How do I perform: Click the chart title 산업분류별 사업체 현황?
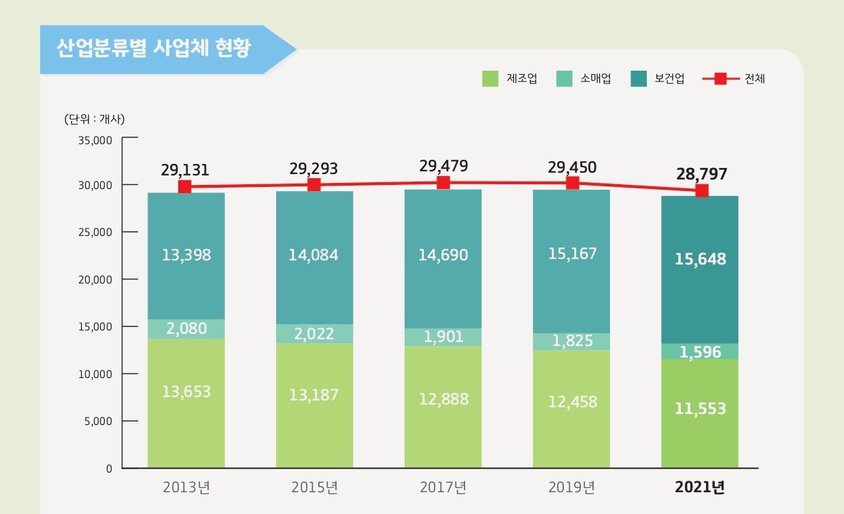[154, 49]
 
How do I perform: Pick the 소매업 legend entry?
[584, 79]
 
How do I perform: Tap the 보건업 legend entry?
[658, 79]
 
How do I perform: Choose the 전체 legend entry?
[735, 79]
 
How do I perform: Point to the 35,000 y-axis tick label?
[95, 141]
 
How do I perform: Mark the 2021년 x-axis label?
[700, 487]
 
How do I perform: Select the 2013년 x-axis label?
[186, 487]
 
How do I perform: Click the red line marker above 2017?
[443, 182]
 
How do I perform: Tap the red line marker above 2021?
[701, 190]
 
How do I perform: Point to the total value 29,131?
[185, 170]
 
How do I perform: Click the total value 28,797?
[701, 174]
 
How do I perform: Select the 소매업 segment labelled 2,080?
[186, 329]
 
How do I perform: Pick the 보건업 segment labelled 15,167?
[572, 254]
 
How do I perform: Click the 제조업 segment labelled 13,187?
[314, 395]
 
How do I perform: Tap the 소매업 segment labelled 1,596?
[700, 352]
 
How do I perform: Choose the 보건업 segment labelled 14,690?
[443, 256]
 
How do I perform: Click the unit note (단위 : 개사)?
[95, 119]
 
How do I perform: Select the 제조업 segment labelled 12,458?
[572, 402]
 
